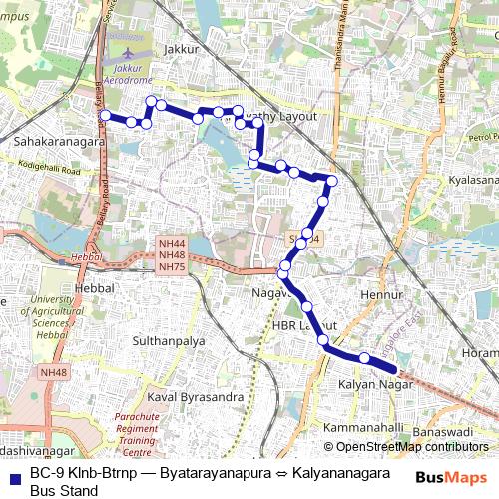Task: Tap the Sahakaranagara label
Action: coord(59,142)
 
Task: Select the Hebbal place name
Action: coord(96,287)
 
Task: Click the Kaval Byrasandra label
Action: coord(196,396)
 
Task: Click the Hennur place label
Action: coord(381,295)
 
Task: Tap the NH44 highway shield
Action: coord(172,244)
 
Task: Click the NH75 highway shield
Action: coord(172,267)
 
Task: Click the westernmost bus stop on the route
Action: coord(105,116)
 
